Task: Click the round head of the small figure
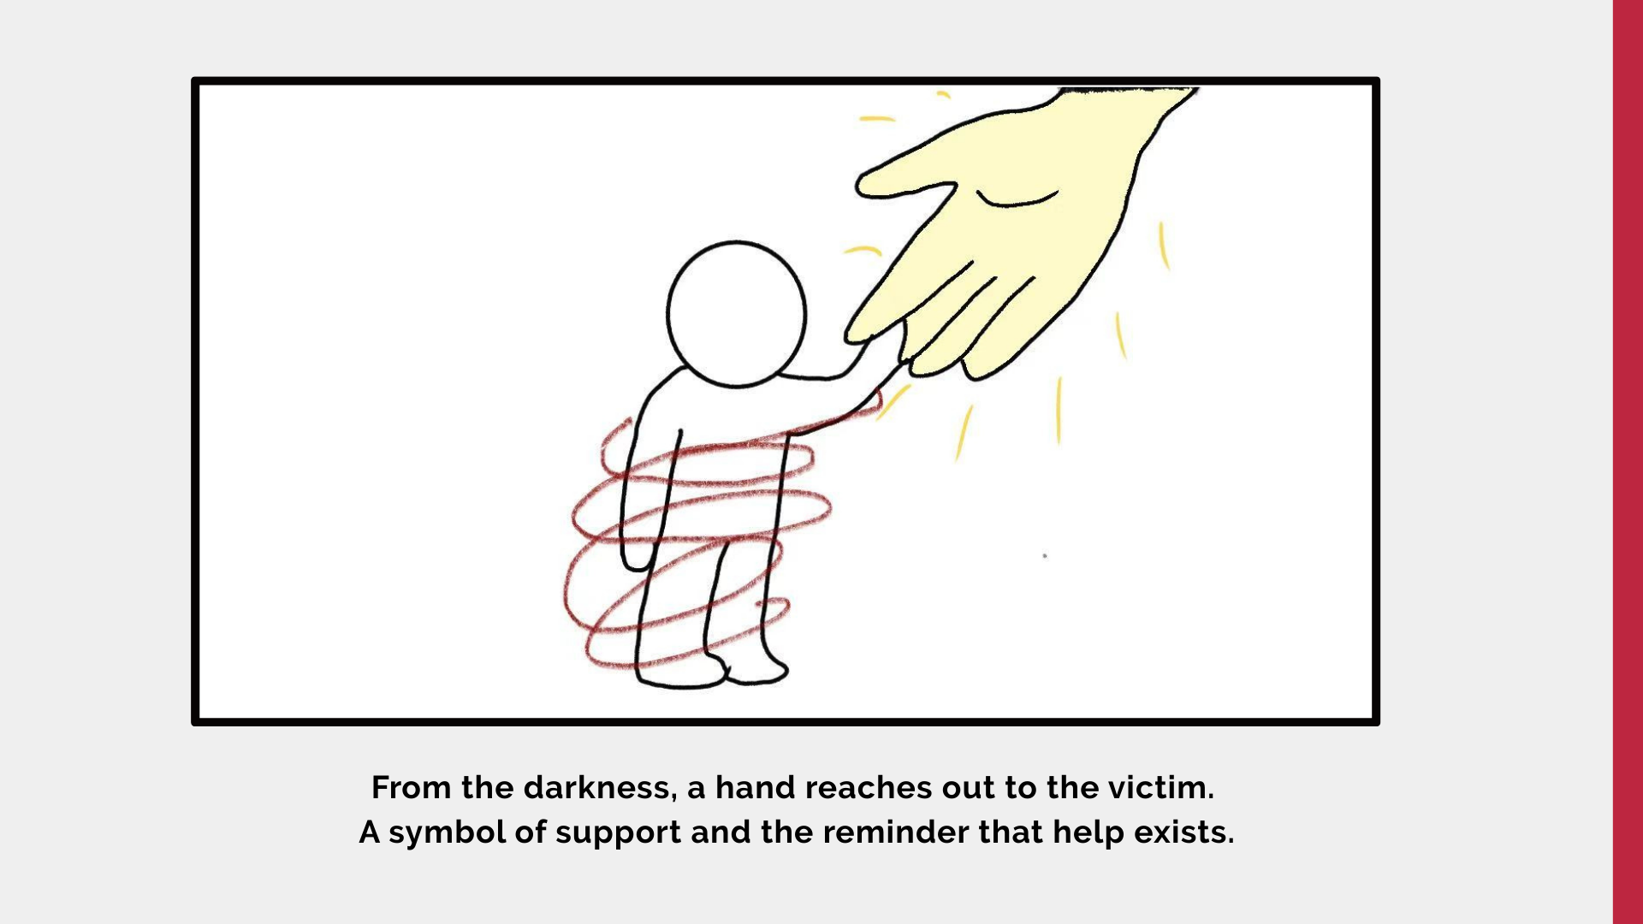[x=736, y=314]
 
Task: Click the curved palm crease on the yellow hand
[x=1017, y=198]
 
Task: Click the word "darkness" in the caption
[x=597, y=787]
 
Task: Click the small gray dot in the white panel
[x=1045, y=556]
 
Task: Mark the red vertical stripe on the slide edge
[x=1628, y=462]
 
